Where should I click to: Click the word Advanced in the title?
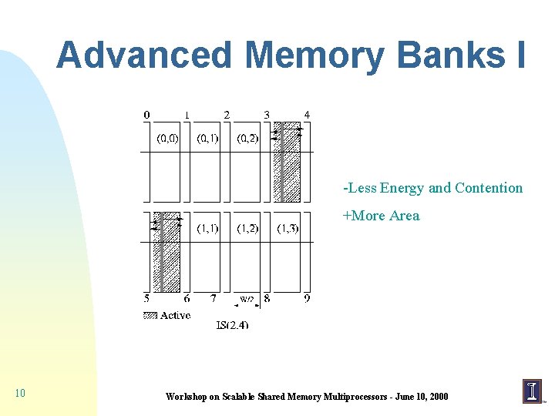click(x=143, y=55)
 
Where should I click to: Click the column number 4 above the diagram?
click(x=307, y=115)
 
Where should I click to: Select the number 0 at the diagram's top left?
click(x=146, y=115)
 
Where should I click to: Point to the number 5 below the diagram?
click(x=146, y=298)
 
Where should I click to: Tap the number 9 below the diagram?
click(x=307, y=298)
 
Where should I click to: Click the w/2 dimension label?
click(x=247, y=299)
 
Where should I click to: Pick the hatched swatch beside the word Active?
click(x=150, y=315)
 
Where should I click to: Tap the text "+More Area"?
click(x=381, y=216)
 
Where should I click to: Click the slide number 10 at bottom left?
click(x=20, y=394)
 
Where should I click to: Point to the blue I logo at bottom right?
click(x=532, y=391)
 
